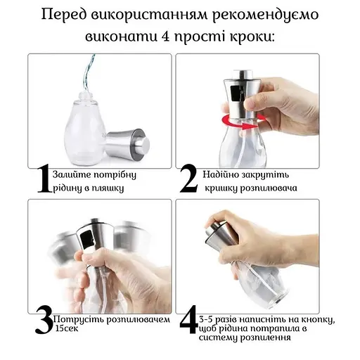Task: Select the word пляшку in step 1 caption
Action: [120, 188]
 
